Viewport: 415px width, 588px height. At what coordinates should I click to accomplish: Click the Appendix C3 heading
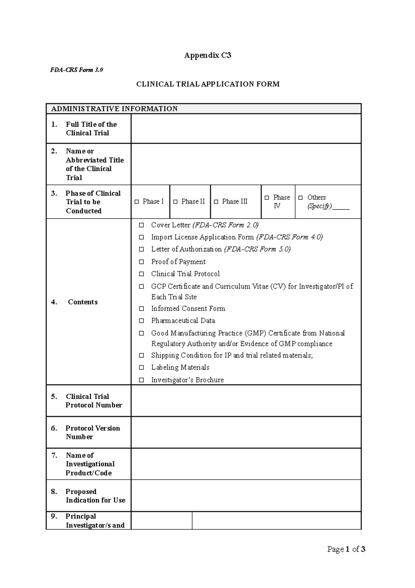click(207, 55)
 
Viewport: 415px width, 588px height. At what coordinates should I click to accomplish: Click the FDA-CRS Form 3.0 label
click(76, 70)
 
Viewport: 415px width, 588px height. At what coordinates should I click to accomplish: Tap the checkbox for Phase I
click(137, 202)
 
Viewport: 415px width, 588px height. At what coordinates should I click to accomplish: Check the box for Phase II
click(175, 202)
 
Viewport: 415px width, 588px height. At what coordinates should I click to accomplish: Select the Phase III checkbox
click(216, 202)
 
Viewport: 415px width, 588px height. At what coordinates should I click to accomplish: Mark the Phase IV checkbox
click(267, 197)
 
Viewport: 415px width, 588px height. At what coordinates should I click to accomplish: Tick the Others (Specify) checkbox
click(301, 197)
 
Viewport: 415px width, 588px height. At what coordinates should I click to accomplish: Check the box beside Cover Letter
click(141, 225)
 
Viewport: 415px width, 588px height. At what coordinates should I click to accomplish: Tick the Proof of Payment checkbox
click(141, 262)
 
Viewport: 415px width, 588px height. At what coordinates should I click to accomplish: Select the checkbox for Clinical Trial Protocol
click(141, 274)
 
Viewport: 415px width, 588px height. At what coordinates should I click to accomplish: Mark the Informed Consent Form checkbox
click(141, 309)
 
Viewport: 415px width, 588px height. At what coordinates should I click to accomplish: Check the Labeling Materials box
click(141, 367)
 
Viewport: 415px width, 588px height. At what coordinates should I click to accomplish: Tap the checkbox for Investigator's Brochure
click(141, 380)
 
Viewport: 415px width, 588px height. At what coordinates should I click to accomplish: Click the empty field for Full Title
click(246, 128)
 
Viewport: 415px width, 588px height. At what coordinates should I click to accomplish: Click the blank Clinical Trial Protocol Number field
click(246, 401)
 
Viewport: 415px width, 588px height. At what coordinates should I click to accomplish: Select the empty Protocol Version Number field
click(246, 432)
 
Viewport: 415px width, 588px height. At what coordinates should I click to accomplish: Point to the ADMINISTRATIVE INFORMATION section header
click(114, 109)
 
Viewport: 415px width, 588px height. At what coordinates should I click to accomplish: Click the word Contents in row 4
click(83, 302)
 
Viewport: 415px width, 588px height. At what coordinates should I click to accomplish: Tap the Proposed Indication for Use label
click(95, 496)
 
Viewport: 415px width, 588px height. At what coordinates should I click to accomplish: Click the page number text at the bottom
click(346, 549)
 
